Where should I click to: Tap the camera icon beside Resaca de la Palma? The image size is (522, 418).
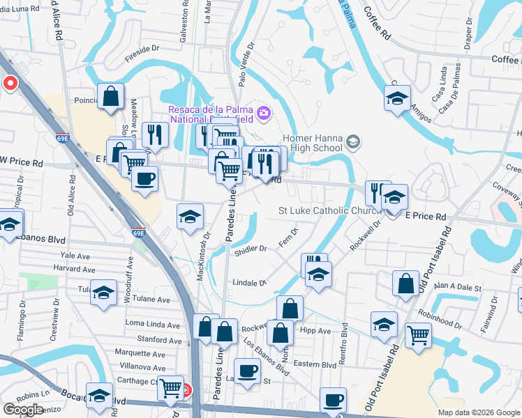click(263, 111)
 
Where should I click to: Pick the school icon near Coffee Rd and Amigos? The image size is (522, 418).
click(397, 98)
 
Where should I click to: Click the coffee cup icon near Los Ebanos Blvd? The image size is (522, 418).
click(246, 370)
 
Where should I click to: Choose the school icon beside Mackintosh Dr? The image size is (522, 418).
click(190, 216)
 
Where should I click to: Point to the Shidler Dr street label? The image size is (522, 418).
click(252, 249)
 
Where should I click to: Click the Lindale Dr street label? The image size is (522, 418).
click(251, 283)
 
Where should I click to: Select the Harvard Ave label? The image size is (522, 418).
click(78, 269)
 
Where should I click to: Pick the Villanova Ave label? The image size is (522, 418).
click(140, 366)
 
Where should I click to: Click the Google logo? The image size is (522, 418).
click(23, 410)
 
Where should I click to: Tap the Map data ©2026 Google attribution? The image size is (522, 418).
click(478, 412)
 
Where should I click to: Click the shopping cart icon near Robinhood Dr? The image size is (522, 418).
click(418, 336)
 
